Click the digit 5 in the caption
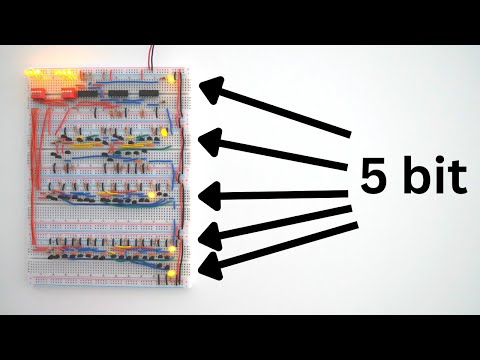point(372,178)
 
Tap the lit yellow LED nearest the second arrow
point(162,132)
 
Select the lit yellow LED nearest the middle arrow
point(152,193)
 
